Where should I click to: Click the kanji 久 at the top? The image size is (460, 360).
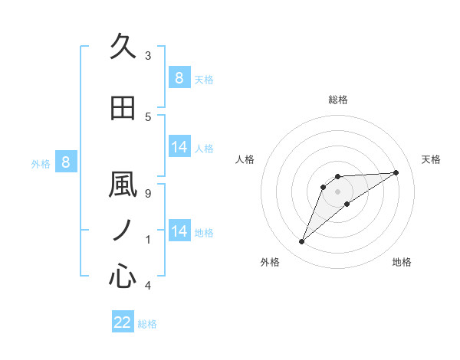tap(123, 47)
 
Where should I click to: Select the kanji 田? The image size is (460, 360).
tap(123, 108)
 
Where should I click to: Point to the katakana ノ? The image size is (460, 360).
tap(123, 230)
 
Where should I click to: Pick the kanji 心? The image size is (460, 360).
tap(123, 276)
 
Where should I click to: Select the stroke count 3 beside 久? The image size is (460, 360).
tap(147, 56)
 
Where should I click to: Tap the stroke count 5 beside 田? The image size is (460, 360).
tap(147, 116)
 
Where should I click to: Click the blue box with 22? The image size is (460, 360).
tap(123, 322)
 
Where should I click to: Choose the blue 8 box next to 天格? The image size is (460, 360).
tap(179, 78)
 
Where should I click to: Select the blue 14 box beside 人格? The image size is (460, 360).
tap(179, 147)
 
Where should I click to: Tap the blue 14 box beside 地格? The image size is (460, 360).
tap(179, 231)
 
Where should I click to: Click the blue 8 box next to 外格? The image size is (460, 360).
tap(66, 162)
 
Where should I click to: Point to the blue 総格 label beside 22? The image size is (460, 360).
tap(147, 324)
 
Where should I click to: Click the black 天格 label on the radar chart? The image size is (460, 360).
tap(432, 159)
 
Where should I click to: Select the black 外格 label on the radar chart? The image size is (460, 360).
tap(270, 262)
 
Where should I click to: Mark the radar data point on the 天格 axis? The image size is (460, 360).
tap(396, 172)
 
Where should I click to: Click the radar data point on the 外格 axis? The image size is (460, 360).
tap(302, 242)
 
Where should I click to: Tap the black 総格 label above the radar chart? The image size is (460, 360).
tap(337, 100)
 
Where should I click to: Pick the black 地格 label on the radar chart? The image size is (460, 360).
tap(402, 262)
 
